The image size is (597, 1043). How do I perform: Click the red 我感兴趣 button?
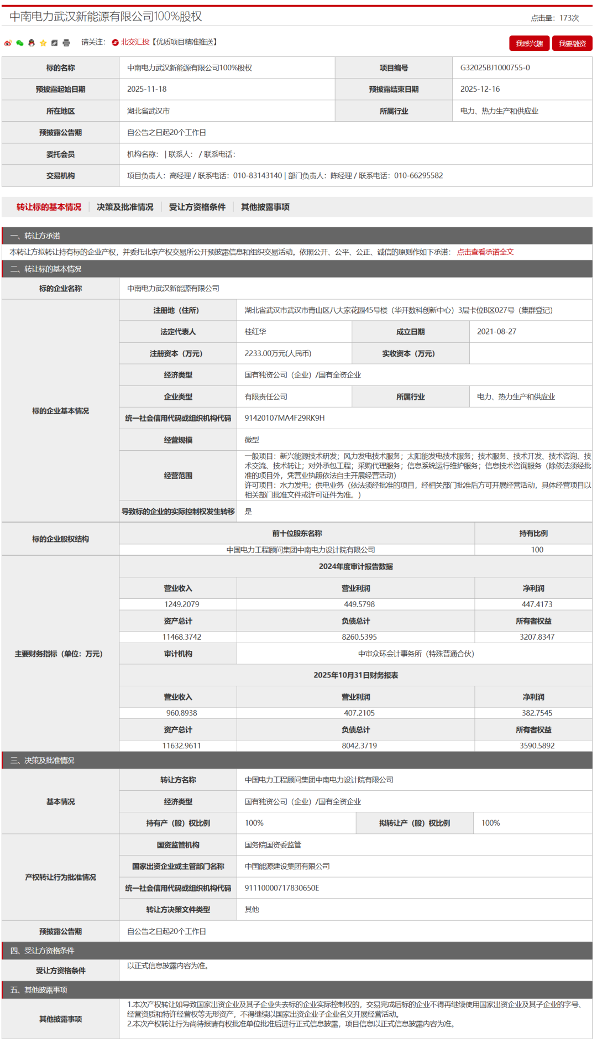(x=529, y=44)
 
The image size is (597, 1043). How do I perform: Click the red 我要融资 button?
(x=572, y=44)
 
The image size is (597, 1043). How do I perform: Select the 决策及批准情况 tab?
(x=125, y=207)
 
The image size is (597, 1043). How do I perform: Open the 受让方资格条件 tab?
(x=197, y=207)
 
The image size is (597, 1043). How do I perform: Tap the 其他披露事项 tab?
(x=265, y=207)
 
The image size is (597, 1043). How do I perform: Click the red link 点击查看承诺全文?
(x=485, y=252)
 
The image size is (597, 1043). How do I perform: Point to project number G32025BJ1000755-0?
(x=495, y=67)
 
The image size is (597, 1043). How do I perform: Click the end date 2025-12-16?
(x=480, y=89)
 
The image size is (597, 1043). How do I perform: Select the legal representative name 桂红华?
(x=255, y=332)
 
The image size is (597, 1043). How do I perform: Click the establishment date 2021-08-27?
(x=496, y=332)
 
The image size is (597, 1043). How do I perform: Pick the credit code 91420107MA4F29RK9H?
(x=285, y=418)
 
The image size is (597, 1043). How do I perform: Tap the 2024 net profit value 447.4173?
(x=537, y=604)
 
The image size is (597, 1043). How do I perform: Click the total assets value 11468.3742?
(x=181, y=637)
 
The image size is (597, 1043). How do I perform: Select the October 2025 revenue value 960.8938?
(x=181, y=713)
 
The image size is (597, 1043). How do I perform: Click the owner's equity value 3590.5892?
(x=537, y=745)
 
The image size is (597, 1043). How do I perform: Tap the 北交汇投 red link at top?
(x=135, y=42)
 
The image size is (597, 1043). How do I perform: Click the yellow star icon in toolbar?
(x=43, y=43)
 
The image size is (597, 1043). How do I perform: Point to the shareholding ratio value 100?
(x=537, y=550)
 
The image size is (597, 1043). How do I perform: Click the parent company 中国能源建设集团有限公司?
(x=287, y=867)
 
